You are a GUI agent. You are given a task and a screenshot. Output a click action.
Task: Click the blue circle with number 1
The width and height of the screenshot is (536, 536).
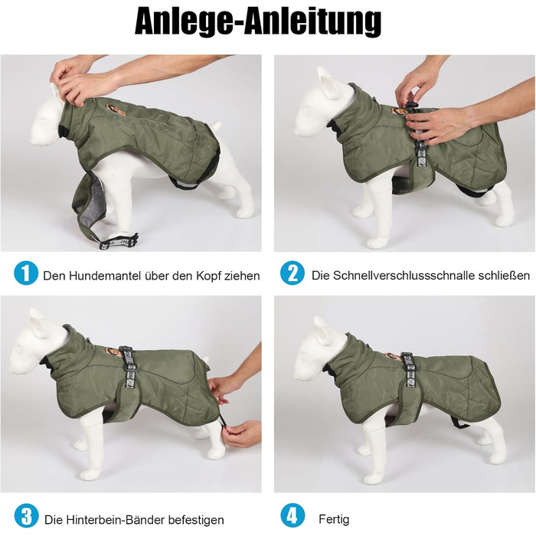click(26, 273)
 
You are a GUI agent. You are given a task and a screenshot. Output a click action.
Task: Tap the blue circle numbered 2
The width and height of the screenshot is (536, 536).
click(293, 273)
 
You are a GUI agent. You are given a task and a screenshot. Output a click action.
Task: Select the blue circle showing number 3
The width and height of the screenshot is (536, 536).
click(26, 516)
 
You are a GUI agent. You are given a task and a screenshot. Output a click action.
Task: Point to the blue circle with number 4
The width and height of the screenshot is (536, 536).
click(293, 516)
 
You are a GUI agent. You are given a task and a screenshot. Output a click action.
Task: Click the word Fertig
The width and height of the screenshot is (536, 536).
click(334, 520)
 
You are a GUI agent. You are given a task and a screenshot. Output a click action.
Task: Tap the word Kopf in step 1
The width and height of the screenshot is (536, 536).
click(209, 276)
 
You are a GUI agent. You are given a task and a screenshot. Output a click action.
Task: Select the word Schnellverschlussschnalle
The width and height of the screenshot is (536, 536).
click(411, 276)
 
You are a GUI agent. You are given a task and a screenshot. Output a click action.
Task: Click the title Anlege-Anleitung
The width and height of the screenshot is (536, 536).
click(258, 22)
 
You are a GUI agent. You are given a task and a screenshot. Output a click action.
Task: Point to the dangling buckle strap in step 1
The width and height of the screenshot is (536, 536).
click(118, 240)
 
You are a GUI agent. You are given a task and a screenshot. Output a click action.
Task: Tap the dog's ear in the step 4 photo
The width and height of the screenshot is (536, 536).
click(322, 326)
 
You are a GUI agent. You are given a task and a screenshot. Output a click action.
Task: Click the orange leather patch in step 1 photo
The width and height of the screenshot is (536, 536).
click(110, 109)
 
